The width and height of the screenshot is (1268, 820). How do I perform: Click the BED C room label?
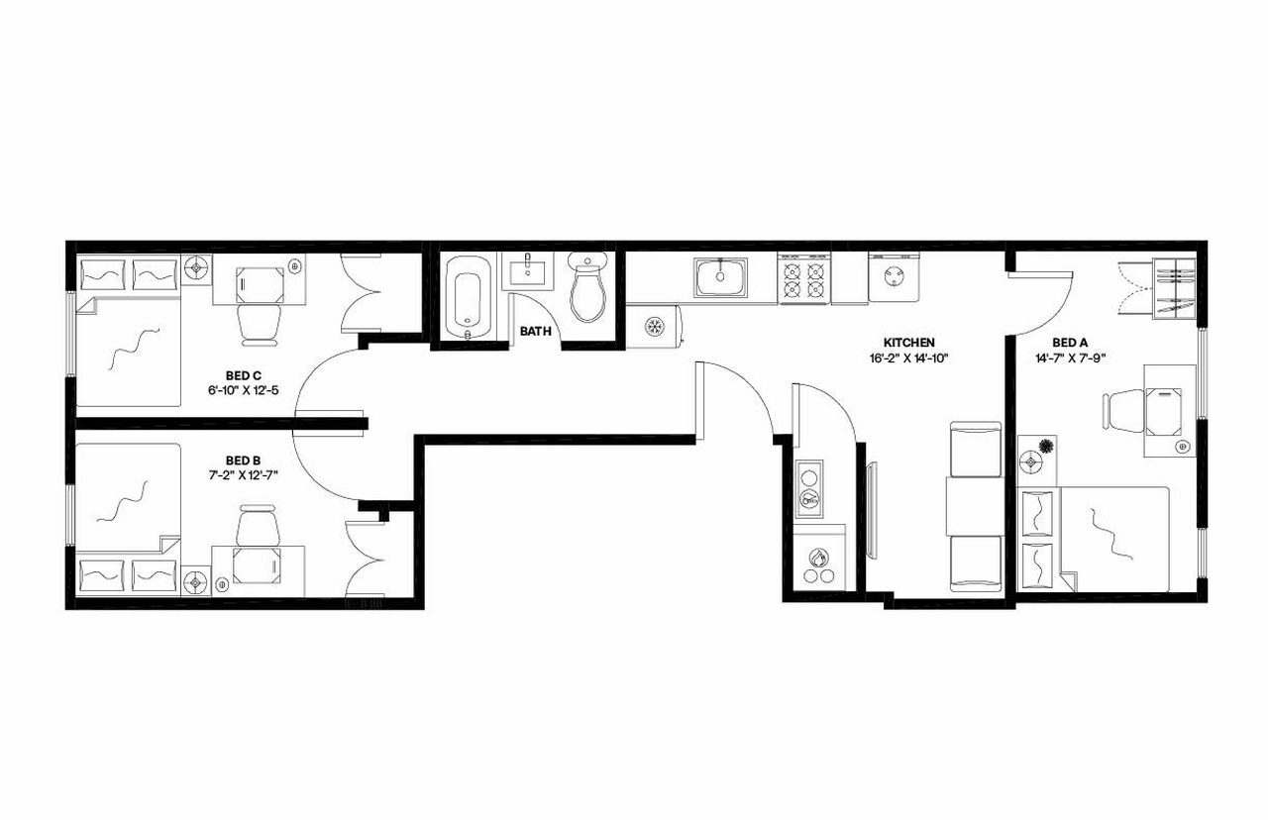[243, 375]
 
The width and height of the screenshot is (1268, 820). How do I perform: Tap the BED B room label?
[243, 460]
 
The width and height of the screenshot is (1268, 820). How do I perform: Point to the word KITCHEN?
[908, 343]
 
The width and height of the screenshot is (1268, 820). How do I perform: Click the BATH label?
[535, 332]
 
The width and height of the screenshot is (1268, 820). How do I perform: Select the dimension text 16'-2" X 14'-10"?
[908, 359]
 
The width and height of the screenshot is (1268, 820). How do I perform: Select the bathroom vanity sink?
[527, 271]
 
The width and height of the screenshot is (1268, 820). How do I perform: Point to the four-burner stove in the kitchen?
[804, 278]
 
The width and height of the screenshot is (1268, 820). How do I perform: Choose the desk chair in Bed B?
[258, 525]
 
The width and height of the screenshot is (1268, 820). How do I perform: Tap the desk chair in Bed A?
[1124, 409]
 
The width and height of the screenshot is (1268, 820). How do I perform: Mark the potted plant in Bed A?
[1047, 446]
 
